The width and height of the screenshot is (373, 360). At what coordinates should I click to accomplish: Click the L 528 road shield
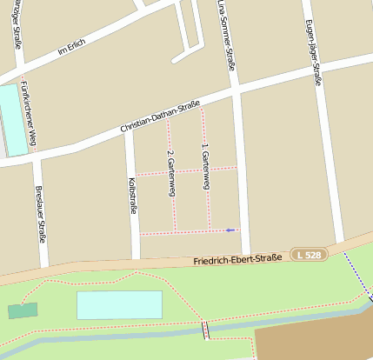click(x=308, y=255)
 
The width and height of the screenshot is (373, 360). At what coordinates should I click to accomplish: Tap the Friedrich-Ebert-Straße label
click(x=236, y=260)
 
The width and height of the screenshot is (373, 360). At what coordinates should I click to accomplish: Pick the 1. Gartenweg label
click(x=205, y=163)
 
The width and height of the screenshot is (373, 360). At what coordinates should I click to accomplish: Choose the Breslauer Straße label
click(x=40, y=214)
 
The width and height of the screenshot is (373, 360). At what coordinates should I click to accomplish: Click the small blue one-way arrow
click(x=230, y=230)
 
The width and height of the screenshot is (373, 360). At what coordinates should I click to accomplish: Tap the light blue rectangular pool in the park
click(x=119, y=305)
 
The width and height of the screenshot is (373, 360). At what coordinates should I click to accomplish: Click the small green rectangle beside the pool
click(x=23, y=310)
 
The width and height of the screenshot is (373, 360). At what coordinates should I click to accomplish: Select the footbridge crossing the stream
click(x=206, y=330)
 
